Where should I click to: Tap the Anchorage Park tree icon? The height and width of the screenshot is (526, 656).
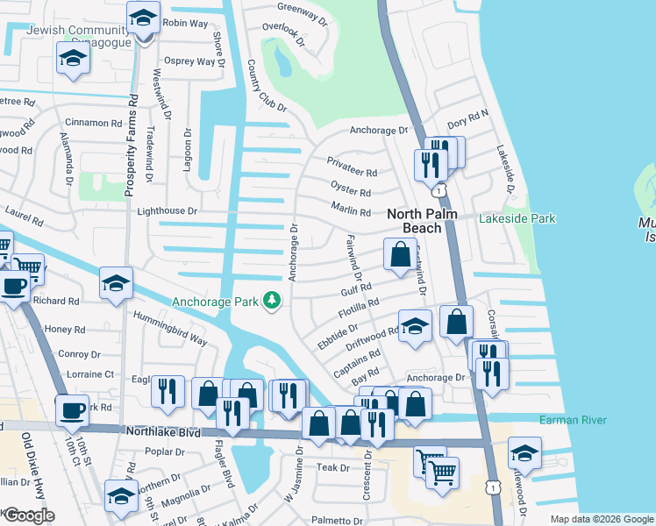coord(273,302)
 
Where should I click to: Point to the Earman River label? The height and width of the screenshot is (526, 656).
coord(573,421)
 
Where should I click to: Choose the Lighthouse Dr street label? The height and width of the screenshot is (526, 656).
coord(168,211)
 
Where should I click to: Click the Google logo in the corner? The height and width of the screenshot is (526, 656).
coord(28,515)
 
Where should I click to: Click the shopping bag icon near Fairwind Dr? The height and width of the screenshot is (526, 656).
coord(400,255)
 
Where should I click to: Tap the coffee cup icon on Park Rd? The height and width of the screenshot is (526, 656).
coord(72,409)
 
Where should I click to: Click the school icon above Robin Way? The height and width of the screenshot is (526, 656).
coord(144,17)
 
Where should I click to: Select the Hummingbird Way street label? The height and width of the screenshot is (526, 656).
coord(170,328)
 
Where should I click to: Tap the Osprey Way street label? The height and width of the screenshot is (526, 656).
coord(194,61)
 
